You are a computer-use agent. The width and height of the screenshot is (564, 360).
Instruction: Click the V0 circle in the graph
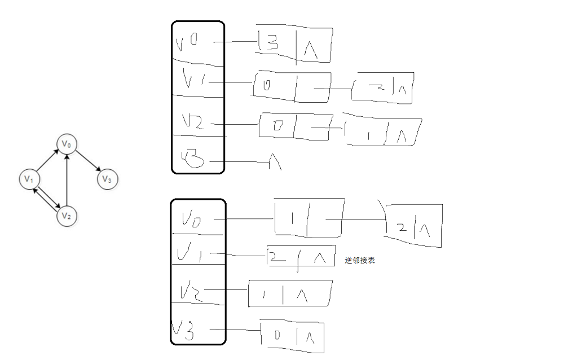click(x=67, y=144)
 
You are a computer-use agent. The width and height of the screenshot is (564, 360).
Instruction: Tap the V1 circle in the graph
click(x=28, y=179)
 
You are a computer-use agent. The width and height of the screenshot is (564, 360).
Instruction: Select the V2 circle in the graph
click(x=67, y=216)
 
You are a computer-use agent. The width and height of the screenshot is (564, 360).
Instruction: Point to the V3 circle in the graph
click(x=107, y=179)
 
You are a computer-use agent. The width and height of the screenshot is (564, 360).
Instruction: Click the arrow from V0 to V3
click(x=88, y=163)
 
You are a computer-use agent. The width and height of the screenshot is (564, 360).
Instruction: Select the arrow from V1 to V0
click(x=47, y=162)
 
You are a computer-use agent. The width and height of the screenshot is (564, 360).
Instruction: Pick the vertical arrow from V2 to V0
click(x=67, y=181)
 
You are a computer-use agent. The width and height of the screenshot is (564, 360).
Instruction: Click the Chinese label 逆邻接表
click(x=360, y=260)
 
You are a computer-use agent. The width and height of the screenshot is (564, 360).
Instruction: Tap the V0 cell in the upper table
click(x=197, y=43)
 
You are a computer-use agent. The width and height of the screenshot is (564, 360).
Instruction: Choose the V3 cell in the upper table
click(x=197, y=160)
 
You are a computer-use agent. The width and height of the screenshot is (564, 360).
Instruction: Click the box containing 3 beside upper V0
click(x=293, y=45)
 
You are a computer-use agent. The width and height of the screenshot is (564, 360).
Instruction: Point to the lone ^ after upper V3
click(x=275, y=163)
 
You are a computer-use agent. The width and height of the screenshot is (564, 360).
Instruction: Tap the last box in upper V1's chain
click(x=383, y=89)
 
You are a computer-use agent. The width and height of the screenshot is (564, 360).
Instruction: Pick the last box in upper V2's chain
click(x=384, y=131)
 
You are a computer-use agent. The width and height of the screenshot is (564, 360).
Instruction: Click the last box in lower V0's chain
click(x=413, y=226)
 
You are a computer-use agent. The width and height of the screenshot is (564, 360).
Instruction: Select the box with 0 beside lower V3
click(x=292, y=337)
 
